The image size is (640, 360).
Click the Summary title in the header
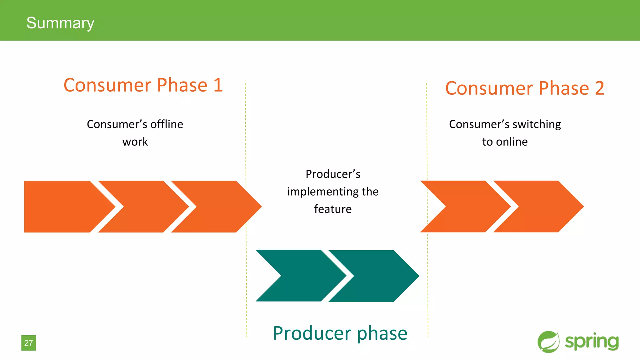coord(60,23)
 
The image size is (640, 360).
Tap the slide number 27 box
coord(29,343)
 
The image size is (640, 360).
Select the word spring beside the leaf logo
coord(592,342)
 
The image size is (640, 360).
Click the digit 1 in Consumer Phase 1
coord(218,85)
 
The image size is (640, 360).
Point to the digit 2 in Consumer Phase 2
coord(599,88)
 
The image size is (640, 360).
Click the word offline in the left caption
coord(167,124)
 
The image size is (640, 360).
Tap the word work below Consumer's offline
coord(135,142)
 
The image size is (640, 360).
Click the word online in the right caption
coord(512,142)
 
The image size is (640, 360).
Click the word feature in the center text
coord(333,209)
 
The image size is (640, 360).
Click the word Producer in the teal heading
coord(312,333)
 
